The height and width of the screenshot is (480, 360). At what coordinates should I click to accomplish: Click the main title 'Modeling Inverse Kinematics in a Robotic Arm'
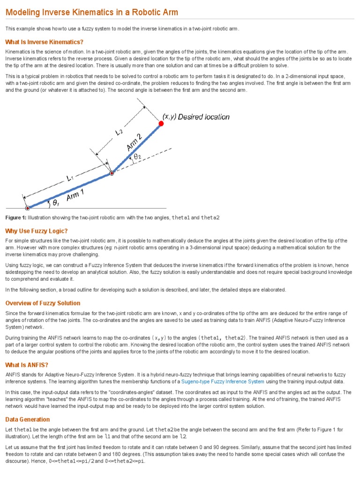click(x=91, y=12)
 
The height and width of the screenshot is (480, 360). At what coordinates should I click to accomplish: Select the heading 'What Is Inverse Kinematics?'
click(x=44, y=42)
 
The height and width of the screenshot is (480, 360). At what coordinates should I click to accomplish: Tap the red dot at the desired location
click(x=161, y=123)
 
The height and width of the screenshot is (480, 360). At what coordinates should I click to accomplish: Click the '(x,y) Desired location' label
click(x=196, y=117)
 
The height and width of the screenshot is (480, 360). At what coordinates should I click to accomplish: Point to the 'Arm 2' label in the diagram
click(x=135, y=142)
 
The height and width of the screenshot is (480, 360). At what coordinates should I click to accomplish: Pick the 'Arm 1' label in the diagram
click(x=75, y=196)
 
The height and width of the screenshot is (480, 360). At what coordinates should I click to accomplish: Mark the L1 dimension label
click(x=69, y=178)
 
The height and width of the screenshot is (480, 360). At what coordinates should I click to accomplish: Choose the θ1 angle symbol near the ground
click(x=56, y=203)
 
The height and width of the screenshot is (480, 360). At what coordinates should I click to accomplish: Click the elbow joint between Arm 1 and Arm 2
click(x=112, y=173)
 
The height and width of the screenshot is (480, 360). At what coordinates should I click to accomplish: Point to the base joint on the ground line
click(x=27, y=208)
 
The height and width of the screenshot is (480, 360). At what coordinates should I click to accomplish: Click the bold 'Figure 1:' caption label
click(x=15, y=218)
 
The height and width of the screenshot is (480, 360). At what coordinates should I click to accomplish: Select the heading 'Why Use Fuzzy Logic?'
click(x=36, y=231)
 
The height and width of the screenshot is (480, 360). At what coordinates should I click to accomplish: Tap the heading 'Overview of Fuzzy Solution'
click(x=43, y=303)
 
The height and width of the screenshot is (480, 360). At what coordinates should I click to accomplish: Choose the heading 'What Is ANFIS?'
click(x=27, y=365)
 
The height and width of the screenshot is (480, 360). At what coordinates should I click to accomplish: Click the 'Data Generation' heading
click(x=27, y=419)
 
